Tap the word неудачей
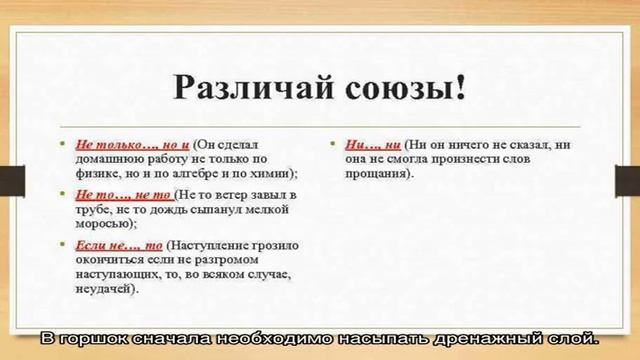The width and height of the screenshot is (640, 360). click(105, 288)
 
